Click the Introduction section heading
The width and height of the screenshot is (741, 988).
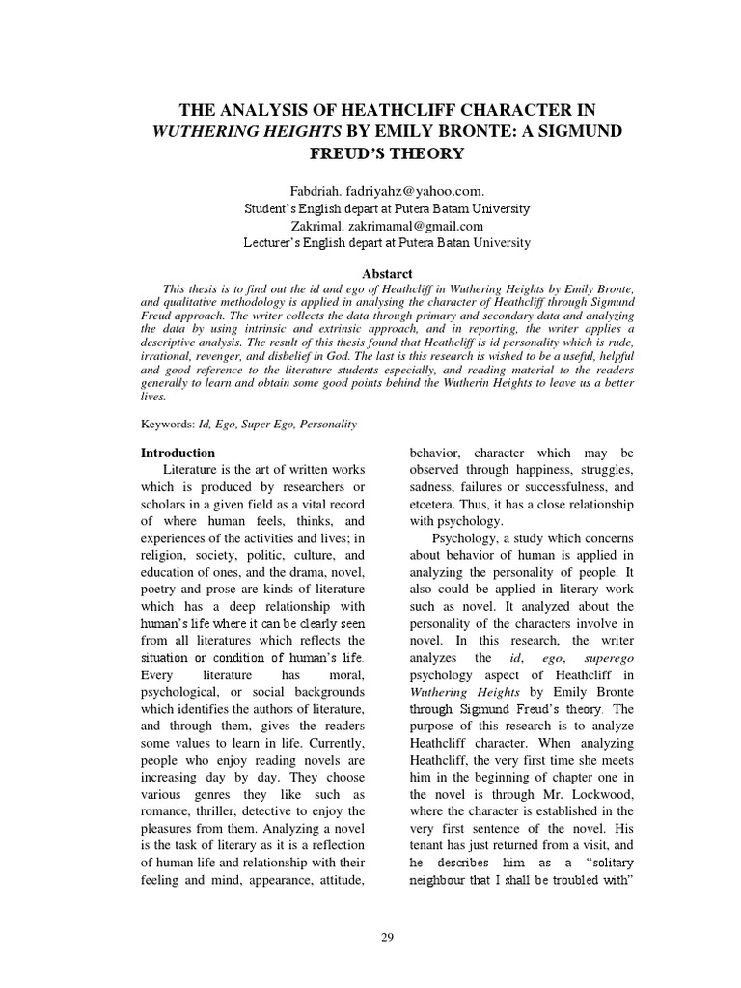pos(178,453)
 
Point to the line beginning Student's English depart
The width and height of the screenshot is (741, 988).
pos(385,209)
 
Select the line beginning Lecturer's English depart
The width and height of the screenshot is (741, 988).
pos(385,244)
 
